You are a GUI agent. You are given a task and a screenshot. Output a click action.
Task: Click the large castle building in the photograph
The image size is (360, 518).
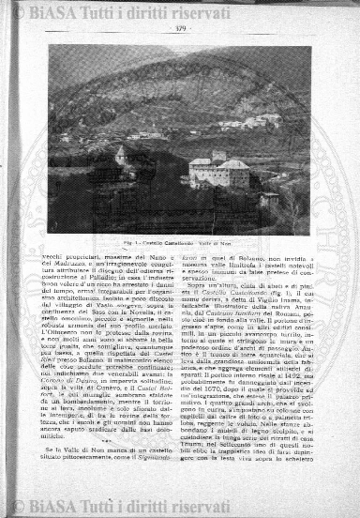pos(217,174)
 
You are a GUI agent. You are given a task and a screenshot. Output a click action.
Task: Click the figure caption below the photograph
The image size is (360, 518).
pos(179,242)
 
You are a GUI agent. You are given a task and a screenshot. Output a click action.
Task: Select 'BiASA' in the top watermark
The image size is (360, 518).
pos(56,11)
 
